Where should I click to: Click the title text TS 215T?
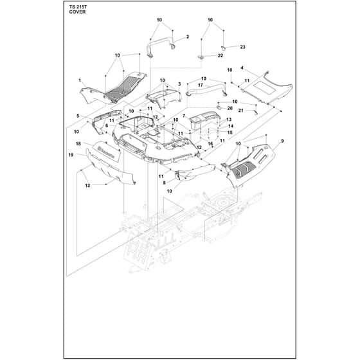(78, 7)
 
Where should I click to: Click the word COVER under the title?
(77, 12)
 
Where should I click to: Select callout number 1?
(80, 80)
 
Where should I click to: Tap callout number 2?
(188, 37)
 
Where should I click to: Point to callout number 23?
(242, 47)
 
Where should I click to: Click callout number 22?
(220, 55)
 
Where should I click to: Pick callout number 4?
(242, 67)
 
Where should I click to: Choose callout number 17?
(201, 85)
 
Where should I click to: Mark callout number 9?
(282, 141)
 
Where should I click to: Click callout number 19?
(71, 155)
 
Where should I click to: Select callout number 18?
(78, 144)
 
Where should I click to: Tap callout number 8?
(164, 183)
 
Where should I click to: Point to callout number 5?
(78, 116)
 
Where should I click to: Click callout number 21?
(240, 111)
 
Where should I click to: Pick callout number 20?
(230, 108)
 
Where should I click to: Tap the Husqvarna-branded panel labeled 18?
(107, 152)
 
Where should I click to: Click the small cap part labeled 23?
(222, 48)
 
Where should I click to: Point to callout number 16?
(210, 144)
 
